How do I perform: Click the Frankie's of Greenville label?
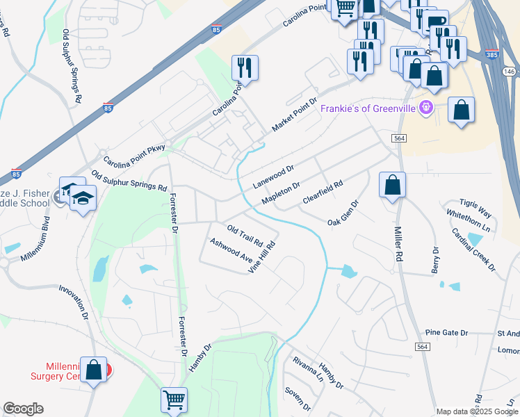point(367,109)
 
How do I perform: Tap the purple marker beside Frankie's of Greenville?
point(426,108)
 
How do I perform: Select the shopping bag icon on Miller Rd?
point(392,186)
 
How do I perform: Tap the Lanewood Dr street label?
point(274,177)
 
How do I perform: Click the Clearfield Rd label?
point(323,193)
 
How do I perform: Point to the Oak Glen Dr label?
point(343,213)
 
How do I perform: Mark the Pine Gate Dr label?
point(446,333)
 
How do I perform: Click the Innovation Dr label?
point(74,302)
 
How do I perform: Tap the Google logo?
point(23,409)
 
